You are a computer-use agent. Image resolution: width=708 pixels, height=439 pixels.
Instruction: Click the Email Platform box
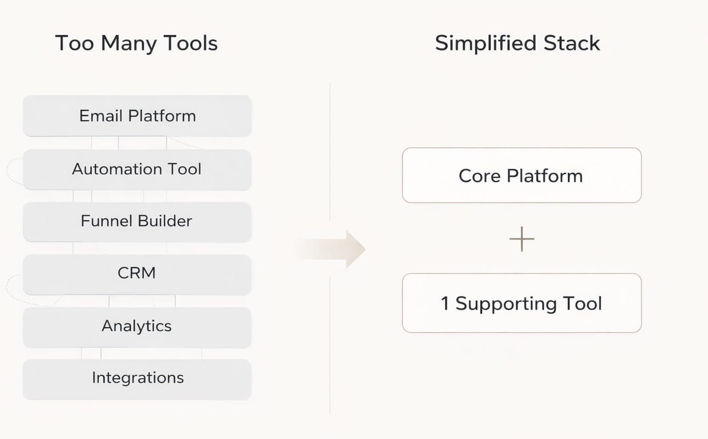(x=137, y=116)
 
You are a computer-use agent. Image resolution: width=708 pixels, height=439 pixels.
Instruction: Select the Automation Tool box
(x=137, y=169)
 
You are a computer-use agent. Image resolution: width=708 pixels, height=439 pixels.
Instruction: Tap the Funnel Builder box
(x=137, y=221)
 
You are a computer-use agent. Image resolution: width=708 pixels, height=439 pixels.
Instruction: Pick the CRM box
(x=137, y=273)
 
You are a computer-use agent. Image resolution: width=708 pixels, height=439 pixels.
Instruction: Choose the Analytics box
(x=137, y=327)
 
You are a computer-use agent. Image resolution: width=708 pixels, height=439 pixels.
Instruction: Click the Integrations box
(x=137, y=378)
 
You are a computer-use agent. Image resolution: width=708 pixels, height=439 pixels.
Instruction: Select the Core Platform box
(x=521, y=175)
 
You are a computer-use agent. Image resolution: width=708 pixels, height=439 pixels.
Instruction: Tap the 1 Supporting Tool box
(x=521, y=303)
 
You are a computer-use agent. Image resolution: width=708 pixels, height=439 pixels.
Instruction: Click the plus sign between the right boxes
(x=521, y=240)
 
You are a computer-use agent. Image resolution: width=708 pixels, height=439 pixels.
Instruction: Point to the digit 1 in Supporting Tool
(x=445, y=304)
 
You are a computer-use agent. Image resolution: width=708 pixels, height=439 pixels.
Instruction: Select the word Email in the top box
(x=101, y=116)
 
